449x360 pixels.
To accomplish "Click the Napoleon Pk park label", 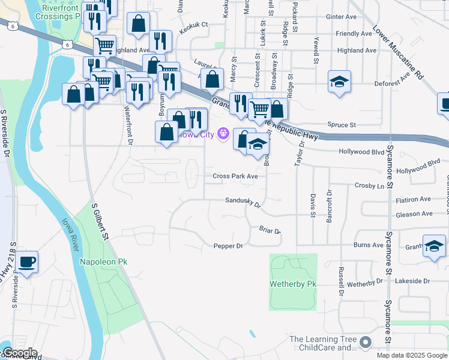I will pos(104,262).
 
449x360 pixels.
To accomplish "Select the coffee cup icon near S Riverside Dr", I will pos(27,262).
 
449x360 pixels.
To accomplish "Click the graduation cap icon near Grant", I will pos(434,246).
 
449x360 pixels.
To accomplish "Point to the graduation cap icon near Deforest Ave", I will pos(339,82).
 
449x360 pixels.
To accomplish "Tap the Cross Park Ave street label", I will pos(235,176).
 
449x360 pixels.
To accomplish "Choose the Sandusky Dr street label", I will pos(244,203).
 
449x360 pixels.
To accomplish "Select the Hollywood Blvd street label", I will pos(361,152).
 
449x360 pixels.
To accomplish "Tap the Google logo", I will pos(19,353).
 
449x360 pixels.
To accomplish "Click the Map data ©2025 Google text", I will pos(412,355).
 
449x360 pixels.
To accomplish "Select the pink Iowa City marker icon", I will pos(224,133).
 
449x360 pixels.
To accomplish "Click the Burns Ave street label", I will pos(369,245).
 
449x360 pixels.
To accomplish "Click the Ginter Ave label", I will pos(340,17).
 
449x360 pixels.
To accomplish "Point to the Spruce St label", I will pos(342,125).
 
